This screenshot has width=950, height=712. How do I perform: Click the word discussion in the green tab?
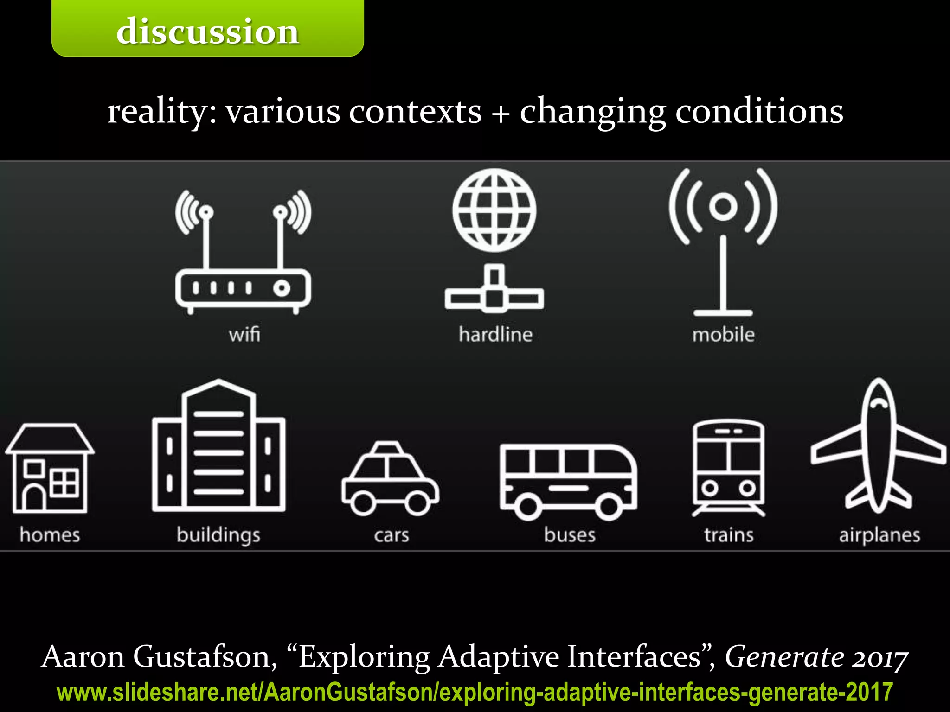[x=207, y=32]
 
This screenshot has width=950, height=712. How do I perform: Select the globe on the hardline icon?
[x=494, y=210]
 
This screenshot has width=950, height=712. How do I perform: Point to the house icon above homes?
[x=50, y=468]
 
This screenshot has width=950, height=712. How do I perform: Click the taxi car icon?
[x=390, y=479]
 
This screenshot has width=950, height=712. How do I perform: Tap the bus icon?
[x=568, y=482]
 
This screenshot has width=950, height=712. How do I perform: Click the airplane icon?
[x=879, y=447]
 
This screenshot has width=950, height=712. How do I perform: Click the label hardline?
[x=495, y=334]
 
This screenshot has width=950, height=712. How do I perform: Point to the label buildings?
[x=218, y=535]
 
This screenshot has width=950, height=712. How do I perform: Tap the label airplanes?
[x=879, y=535]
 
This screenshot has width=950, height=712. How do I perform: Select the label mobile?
[x=723, y=334]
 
